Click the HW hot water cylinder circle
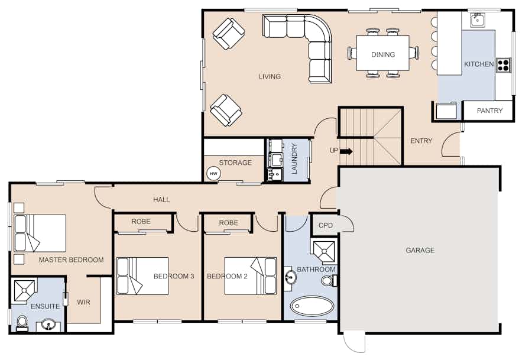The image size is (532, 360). [x=213, y=174]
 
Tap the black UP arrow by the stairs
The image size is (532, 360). [x=346, y=151]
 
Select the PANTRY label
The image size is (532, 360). [x=489, y=111]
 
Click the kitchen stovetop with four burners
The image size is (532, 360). [x=504, y=65]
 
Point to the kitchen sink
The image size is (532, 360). [x=478, y=20]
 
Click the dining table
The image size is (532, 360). [x=382, y=53]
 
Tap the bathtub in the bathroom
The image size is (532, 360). [x=312, y=306]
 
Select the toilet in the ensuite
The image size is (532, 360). [x=22, y=323]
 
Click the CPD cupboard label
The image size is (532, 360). [x=326, y=225]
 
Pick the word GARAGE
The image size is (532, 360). [x=420, y=251]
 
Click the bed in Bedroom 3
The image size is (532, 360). [x=142, y=276]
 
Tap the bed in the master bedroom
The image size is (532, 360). [x=40, y=233]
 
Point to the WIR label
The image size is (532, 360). [x=83, y=302]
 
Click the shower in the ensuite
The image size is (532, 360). [x=24, y=291]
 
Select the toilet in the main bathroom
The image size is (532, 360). [x=329, y=281]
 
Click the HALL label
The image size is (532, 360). [x=161, y=200]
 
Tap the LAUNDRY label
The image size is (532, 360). [x=294, y=158]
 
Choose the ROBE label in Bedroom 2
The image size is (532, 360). [x=229, y=223]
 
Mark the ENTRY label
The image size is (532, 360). [x=421, y=141]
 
